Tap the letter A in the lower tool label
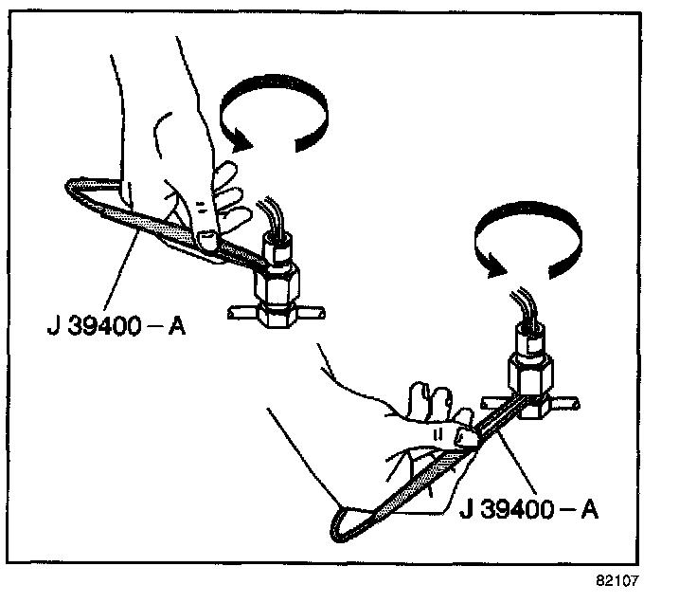point(587,511)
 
